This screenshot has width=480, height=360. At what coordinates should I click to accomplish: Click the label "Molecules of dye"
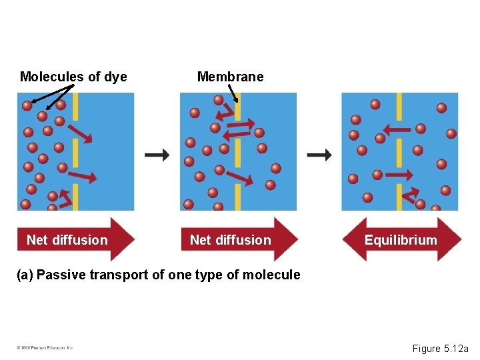coord(73,77)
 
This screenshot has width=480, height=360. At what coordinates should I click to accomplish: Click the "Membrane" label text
coord(230,77)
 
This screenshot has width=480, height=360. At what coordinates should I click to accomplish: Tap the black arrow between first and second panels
coord(157,155)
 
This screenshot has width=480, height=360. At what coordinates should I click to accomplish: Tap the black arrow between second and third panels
coord(319,155)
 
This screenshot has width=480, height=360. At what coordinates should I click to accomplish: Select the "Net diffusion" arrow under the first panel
coord(75,239)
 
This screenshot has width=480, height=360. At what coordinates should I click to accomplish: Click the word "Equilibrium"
coord(401,240)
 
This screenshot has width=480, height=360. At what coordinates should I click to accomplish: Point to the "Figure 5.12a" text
coord(440,348)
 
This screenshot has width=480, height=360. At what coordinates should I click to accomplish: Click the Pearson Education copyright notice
coord(45,348)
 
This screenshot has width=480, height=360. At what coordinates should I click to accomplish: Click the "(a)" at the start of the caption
coord(25,275)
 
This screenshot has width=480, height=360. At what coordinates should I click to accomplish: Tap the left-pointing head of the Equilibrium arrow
coord(351,239)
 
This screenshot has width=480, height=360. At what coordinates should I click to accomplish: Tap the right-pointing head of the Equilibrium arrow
coord(451,239)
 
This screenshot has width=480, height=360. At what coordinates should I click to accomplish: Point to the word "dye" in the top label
coord(115,77)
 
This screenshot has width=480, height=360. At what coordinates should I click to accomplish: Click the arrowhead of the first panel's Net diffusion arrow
coord(123,239)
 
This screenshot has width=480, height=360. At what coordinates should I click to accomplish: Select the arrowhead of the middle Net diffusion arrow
coord(286,239)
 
